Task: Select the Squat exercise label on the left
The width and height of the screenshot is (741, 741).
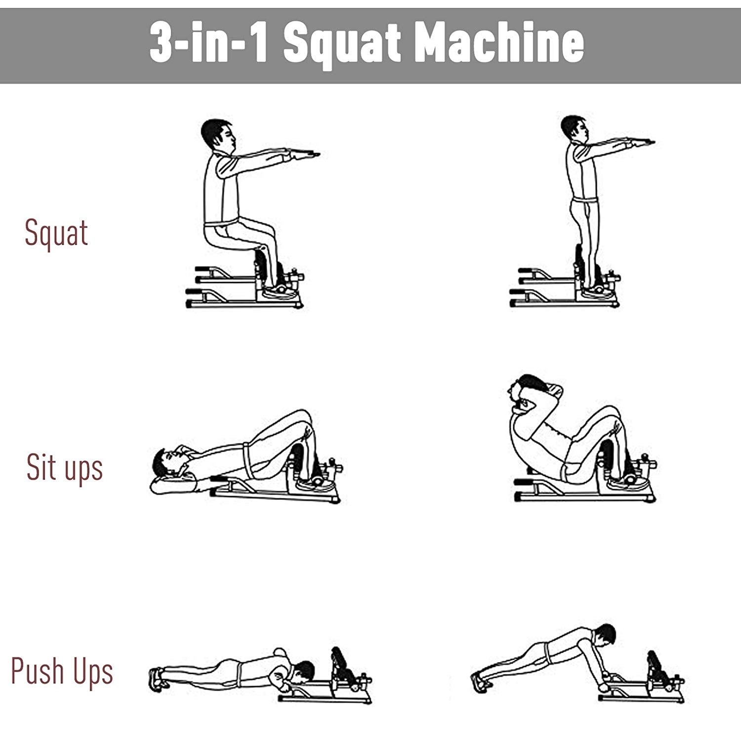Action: pyautogui.click(x=56, y=233)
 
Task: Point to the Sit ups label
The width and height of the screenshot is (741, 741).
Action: pyautogui.click(x=64, y=468)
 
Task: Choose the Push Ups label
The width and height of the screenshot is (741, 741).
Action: pyautogui.click(x=62, y=671)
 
